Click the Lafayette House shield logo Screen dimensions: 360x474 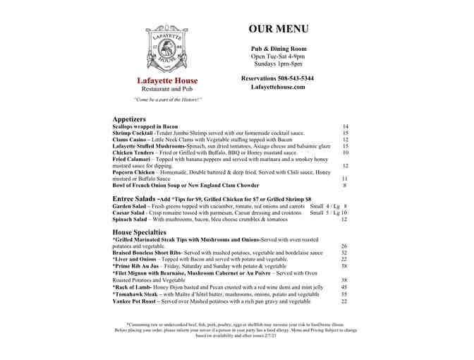click(167, 46)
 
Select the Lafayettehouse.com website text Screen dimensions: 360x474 click(277, 87)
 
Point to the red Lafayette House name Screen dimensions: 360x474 click(167, 80)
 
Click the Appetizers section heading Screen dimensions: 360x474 click(129, 119)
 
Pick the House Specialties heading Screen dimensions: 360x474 click(140, 232)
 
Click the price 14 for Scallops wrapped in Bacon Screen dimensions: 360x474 click(345, 126)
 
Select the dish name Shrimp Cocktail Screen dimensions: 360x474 click(133, 133)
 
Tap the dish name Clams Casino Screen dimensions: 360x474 click(130, 140)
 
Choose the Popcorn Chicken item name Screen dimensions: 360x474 click(134, 172)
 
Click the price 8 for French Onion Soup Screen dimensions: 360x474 click(344, 186)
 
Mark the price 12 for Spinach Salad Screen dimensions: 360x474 click(344, 220)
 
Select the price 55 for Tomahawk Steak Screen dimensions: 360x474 click(344, 294)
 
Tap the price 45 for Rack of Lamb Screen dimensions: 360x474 click(344, 287)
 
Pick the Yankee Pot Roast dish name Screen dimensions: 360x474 click(135, 301)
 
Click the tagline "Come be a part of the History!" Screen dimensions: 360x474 click(167, 100)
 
